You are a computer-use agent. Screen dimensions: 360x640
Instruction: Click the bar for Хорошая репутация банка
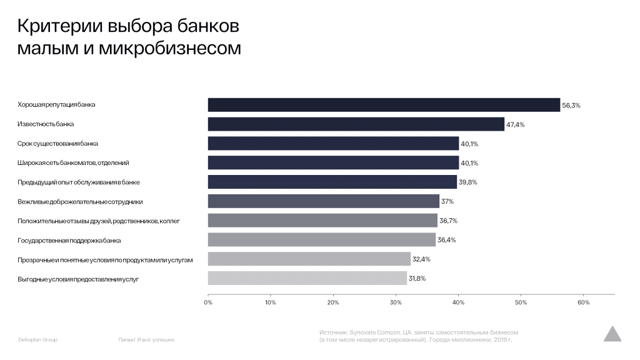(x=384, y=105)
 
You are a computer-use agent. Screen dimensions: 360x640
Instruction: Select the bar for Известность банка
(x=356, y=124)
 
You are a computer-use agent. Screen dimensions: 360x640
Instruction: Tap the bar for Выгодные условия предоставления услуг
(x=307, y=278)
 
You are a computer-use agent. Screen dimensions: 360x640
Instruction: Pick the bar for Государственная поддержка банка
(x=321, y=239)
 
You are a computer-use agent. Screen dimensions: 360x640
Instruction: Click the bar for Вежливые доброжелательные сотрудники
(x=323, y=201)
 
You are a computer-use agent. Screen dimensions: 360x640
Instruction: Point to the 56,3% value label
(x=571, y=106)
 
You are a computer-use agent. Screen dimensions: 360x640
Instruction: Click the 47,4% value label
(x=516, y=125)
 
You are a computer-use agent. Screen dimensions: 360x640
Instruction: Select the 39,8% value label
(x=468, y=182)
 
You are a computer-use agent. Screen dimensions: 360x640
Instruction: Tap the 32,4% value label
(x=422, y=259)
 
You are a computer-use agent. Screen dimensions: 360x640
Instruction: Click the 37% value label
(x=447, y=201)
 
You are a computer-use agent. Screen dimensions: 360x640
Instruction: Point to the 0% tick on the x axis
(x=208, y=302)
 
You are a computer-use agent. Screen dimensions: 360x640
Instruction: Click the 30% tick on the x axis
(x=396, y=302)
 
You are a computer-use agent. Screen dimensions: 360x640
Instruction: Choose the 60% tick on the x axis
(x=583, y=302)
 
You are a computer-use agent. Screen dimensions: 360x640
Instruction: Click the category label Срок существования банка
(x=57, y=144)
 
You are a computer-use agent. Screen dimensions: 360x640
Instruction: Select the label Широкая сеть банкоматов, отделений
(x=73, y=163)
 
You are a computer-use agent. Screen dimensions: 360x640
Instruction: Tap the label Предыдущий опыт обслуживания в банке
(x=79, y=182)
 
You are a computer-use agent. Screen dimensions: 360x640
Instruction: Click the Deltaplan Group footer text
(x=37, y=340)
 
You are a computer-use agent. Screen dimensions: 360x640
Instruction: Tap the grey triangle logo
(x=612, y=334)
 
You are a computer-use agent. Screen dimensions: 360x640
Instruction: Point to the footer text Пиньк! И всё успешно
(x=146, y=340)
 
